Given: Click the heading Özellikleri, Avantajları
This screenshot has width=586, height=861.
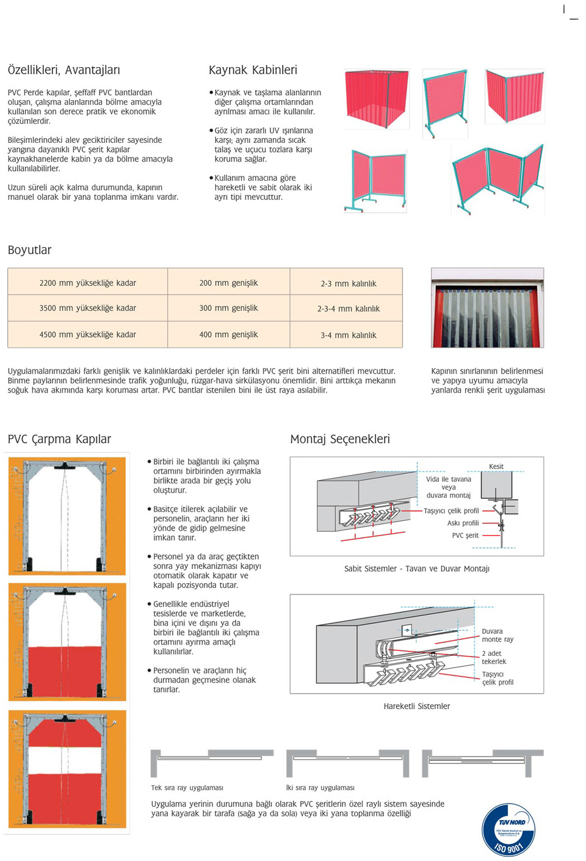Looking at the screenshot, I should [63, 70].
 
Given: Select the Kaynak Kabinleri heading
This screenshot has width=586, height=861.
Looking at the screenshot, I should [253, 70].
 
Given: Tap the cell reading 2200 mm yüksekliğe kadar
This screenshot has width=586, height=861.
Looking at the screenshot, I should [88, 283].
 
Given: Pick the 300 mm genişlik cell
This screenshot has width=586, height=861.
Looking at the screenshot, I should [228, 308].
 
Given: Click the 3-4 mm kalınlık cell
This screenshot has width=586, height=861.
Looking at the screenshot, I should [349, 335].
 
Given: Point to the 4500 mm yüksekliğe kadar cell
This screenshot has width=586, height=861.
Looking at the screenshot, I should [88, 335].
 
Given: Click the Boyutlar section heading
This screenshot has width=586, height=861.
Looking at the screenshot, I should [29, 250].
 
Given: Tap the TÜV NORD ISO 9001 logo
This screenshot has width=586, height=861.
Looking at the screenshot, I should [508, 829].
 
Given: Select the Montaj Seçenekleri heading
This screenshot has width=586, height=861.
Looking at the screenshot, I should [340, 439].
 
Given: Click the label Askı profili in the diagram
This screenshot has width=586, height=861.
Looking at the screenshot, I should [463, 523].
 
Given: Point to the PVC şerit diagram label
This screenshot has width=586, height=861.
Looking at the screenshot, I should [465, 536].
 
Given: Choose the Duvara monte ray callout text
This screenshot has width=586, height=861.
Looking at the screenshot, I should [497, 635].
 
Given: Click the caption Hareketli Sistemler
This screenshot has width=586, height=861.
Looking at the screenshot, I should [416, 707].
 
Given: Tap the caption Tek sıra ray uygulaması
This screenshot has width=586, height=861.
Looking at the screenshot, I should [187, 788].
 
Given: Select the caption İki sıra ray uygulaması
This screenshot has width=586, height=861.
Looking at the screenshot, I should [320, 788].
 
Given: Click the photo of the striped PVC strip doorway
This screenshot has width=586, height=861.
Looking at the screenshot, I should [487, 308].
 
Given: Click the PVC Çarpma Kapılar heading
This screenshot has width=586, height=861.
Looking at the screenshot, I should [59, 439].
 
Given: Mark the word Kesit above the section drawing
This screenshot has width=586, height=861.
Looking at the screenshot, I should [496, 467].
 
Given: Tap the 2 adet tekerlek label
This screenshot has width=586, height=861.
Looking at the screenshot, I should [494, 657].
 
